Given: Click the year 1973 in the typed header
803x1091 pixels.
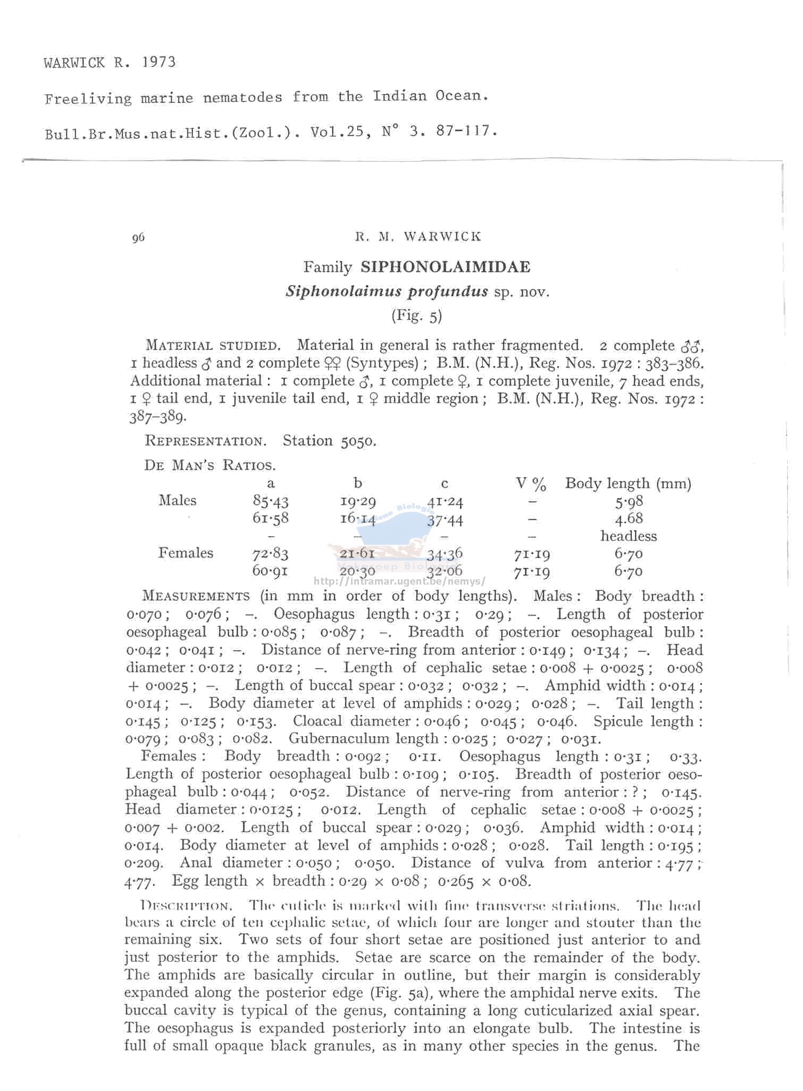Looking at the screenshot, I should (158, 62).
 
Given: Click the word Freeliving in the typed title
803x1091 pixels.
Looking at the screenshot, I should (88, 99).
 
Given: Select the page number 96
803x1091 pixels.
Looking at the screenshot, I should (138, 238).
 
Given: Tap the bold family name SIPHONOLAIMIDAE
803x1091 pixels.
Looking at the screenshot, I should (445, 267).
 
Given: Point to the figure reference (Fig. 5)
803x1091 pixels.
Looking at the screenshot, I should (416, 316).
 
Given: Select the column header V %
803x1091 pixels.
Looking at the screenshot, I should (531, 484).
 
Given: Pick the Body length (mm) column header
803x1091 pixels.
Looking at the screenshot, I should (628, 484).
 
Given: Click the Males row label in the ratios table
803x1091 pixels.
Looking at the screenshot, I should (177, 501).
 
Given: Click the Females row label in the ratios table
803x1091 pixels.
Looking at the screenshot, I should (186, 553).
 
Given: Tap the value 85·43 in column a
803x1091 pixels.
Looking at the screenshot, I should (270, 501).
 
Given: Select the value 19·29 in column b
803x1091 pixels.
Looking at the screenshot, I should (358, 501).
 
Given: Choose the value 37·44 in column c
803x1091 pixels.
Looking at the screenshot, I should (445, 519).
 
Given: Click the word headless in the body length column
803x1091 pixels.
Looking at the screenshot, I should (629, 536).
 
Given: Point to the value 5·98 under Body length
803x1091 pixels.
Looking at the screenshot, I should (629, 501).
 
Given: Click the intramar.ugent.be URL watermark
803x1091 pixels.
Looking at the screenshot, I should (399, 581).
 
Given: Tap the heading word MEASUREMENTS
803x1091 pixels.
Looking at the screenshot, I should (196, 596).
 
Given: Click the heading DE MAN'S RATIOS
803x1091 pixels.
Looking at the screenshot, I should (210, 465).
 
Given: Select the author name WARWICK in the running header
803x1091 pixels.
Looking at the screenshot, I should (442, 237).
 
